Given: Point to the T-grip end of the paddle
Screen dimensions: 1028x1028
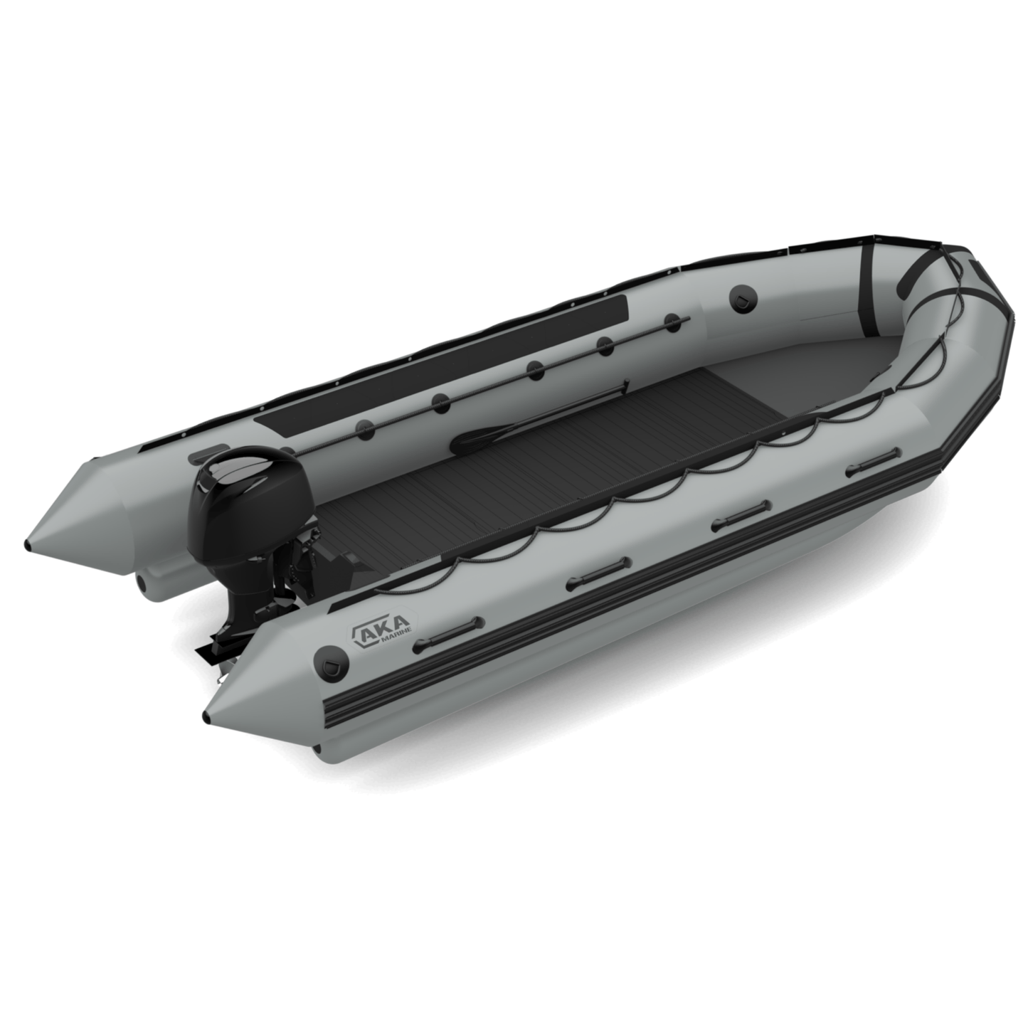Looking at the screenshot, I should pos(625,385).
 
